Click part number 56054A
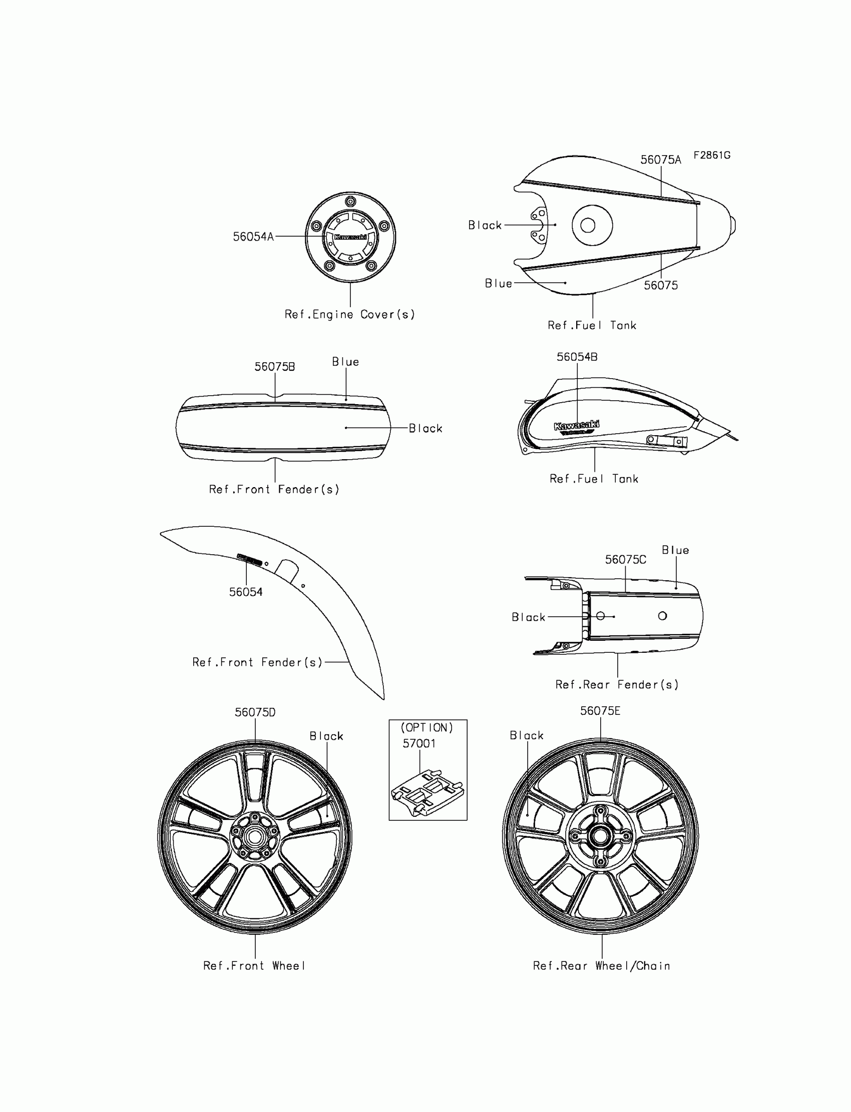[x=253, y=237]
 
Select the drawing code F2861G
[x=712, y=156]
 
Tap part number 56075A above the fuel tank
[x=661, y=160]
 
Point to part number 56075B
[x=274, y=367]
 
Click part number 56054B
[x=577, y=357]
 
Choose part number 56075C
[x=626, y=559]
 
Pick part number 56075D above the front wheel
[x=255, y=712]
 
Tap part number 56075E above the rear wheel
[x=600, y=711]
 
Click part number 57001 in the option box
[x=419, y=743]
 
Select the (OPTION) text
[x=427, y=727]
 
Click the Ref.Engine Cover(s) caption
[x=349, y=314]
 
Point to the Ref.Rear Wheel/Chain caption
[x=601, y=966]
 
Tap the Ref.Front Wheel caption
[x=254, y=966]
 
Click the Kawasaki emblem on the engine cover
[x=350, y=237]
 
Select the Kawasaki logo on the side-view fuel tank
[x=577, y=427]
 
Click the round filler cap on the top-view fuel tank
[x=588, y=225]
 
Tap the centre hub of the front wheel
[x=255, y=837]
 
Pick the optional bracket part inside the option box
[x=427, y=792]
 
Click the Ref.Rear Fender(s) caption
[x=616, y=684]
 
